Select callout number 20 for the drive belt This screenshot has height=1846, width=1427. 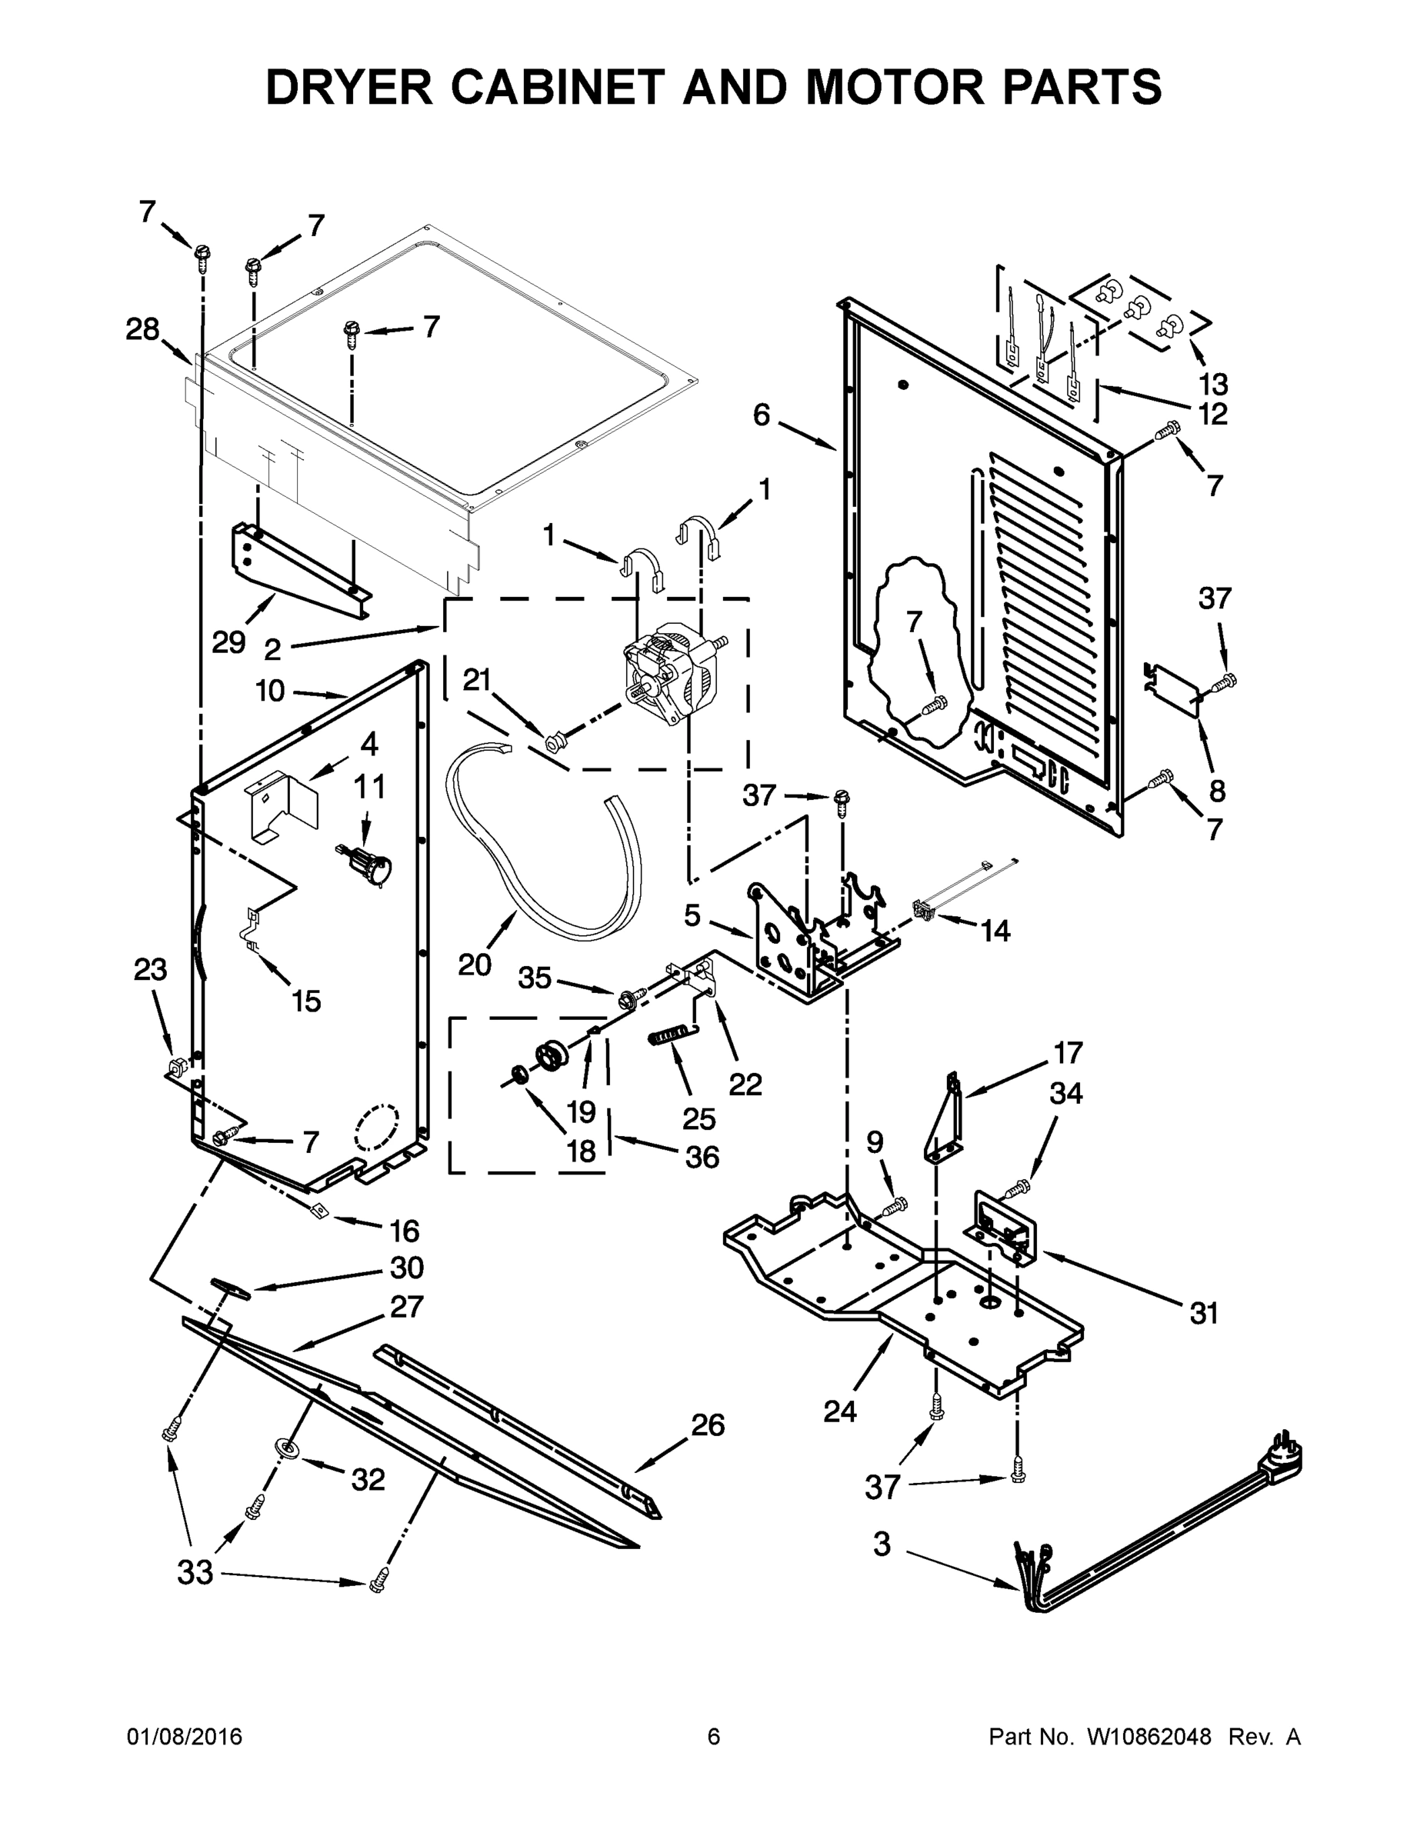click(x=475, y=964)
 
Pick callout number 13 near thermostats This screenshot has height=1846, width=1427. click(x=1212, y=385)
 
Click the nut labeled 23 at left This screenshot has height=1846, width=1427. click(x=176, y=1065)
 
